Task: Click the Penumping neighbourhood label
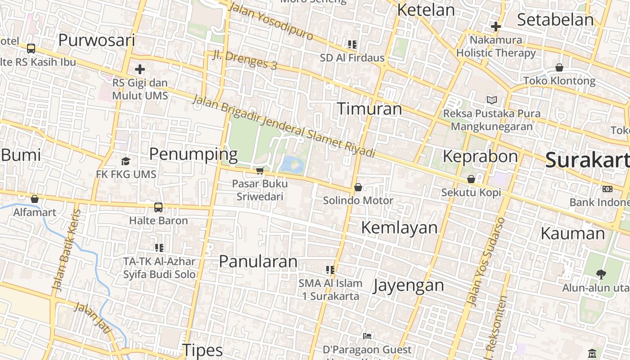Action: tap(193, 154)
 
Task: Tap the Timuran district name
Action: tap(369, 109)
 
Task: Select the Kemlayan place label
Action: tap(399, 228)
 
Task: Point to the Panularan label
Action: tap(258, 261)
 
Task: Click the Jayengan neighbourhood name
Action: tap(409, 285)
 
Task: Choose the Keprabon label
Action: tap(480, 157)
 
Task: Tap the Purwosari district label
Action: tap(97, 40)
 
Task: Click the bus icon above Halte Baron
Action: tap(158, 207)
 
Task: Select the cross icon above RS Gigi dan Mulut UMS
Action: tap(140, 69)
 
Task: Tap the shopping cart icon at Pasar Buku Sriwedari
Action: tap(260, 171)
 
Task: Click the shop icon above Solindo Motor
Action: tap(358, 187)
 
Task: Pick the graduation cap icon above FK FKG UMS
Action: tap(126, 161)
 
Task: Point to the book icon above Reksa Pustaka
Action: tap(492, 100)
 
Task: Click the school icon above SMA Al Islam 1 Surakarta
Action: tap(330, 270)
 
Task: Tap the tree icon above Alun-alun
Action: tap(601, 274)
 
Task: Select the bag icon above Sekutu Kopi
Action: tap(471, 179)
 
